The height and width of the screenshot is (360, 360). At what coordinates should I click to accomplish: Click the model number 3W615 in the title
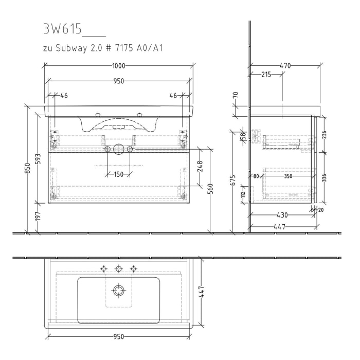(62, 29)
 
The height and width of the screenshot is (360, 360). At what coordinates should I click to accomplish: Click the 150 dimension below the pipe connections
(118, 174)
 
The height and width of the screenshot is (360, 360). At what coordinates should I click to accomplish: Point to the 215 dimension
(266, 75)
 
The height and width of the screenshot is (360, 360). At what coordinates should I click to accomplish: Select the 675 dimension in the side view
(233, 180)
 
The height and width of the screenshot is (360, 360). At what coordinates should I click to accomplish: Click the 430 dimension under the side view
(282, 215)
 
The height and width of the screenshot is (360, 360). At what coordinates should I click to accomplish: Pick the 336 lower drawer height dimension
(324, 178)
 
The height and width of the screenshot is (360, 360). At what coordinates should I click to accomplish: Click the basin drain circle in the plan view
(119, 291)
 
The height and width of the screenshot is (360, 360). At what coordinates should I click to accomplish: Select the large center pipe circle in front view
(118, 149)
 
